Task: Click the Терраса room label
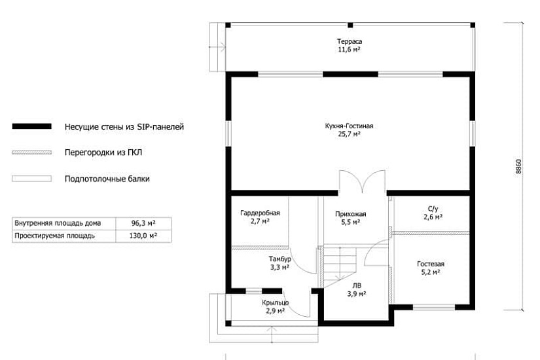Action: pos(350,41)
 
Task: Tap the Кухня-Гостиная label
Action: pos(349,126)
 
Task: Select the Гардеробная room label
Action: pos(260,213)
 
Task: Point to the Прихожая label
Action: pos(351,214)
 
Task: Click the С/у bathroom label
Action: pos(433,209)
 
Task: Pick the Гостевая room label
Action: pos(431,264)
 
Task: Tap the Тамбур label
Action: pos(279,259)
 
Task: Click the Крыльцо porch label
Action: pos(275,302)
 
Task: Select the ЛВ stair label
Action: pos(357,285)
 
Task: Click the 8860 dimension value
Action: pos(518,166)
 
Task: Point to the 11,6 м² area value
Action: pos(350,50)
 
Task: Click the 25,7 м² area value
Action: pos(350,134)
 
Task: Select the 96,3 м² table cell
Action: pos(143,223)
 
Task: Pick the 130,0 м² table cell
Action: pos(143,236)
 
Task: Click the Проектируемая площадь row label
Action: pos(54,236)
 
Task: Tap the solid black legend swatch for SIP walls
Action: pos(31,126)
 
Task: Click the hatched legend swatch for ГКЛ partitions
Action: pos(31,153)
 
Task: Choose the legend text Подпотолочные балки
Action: pos(107,179)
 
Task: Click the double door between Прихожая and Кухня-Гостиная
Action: pos(362,181)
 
